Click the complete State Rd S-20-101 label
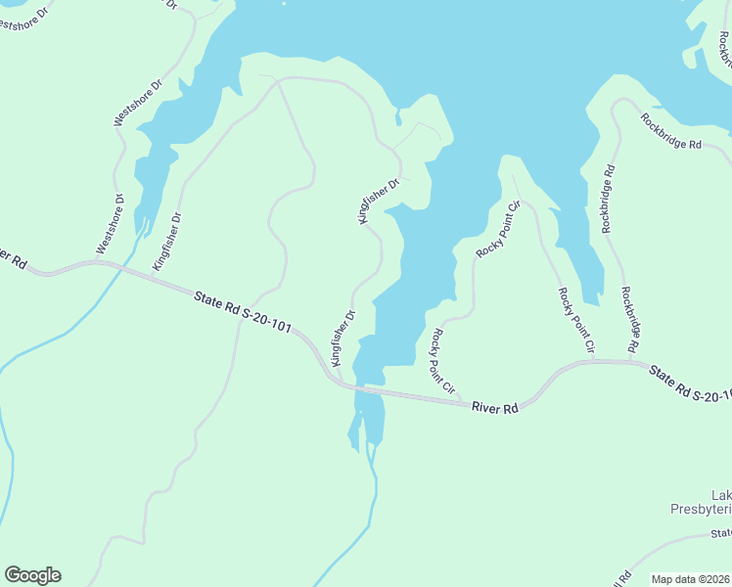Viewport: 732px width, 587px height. pyautogui.click(x=243, y=311)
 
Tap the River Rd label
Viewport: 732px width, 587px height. pyautogui.click(x=494, y=408)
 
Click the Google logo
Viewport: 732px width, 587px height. pyautogui.click(x=32, y=575)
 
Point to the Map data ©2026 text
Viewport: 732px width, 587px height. pyautogui.click(x=690, y=579)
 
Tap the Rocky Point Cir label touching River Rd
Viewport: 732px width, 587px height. pyautogui.click(x=442, y=359)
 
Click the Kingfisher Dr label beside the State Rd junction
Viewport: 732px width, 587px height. pyautogui.click(x=342, y=337)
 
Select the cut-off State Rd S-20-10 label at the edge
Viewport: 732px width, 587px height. pyautogui.click(x=691, y=384)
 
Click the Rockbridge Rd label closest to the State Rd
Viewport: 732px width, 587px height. pyautogui.click(x=629, y=319)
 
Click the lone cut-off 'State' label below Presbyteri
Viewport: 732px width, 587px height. pyautogui.click(x=721, y=533)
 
